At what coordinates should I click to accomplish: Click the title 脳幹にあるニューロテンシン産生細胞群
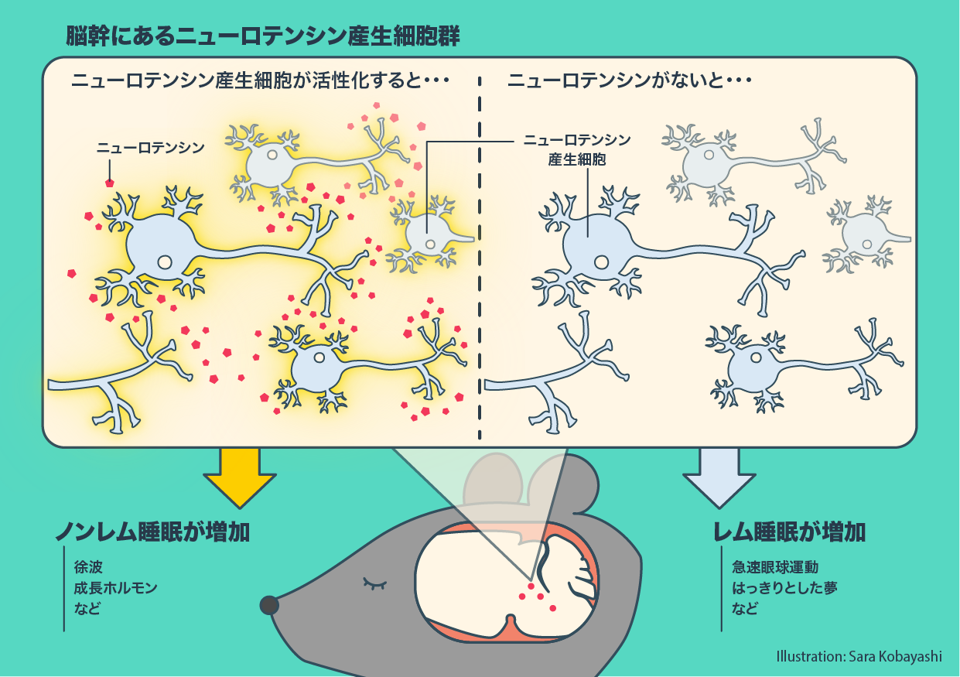click(264, 36)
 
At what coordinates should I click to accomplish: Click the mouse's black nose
click(268, 604)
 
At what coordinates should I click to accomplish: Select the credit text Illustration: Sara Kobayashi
click(859, 656)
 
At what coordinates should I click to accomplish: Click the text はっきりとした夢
click(784, 588)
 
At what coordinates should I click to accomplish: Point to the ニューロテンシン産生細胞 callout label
click(576, 150)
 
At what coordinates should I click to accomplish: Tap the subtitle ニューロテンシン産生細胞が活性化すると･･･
click(260, 80)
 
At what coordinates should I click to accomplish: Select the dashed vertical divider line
click(480, 255)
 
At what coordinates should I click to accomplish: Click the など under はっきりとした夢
click(744, 608)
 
